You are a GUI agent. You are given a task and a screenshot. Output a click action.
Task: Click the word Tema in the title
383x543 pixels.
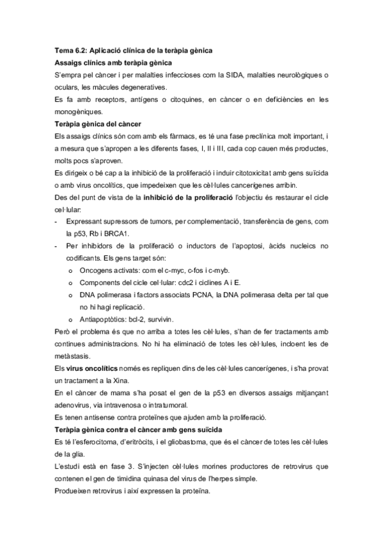pos(62,49)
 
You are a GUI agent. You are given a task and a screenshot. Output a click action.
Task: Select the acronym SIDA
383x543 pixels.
pos(240,74)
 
